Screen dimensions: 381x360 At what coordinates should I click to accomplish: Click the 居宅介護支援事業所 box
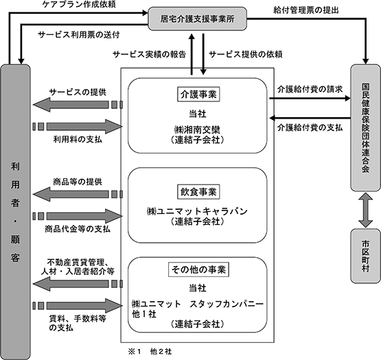(197, 19)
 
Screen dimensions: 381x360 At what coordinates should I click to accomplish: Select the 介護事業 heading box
(198, 94)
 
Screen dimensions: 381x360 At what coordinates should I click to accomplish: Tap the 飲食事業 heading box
(198, 192)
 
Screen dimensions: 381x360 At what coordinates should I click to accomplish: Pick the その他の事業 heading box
(199, 269)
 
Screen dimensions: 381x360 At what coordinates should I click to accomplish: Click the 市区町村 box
(365, 256)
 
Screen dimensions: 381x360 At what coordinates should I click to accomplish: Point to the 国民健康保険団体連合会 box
(365, 128)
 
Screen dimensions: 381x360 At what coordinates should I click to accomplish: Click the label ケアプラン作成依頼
(79, 4)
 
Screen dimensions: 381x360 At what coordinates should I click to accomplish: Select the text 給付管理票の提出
(306, 10)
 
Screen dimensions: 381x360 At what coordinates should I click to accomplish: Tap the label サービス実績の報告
(150, 54)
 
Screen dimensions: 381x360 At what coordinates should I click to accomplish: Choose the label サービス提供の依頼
(246, 54)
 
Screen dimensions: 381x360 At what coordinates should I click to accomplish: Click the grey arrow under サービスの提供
(78, 105)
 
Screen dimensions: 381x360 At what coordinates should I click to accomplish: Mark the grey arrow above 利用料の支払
(78, 126)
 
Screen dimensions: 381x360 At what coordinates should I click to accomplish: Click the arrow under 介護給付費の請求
(310, 98)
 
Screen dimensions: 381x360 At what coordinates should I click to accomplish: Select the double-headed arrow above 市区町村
(365, 210)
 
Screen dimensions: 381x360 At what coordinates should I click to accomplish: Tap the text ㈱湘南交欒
(197, 130)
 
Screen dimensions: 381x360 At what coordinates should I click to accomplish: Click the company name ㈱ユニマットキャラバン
(197, 211)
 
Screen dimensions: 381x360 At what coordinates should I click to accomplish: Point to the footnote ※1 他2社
(150, 352)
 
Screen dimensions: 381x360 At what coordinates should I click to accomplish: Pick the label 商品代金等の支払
(78, 229)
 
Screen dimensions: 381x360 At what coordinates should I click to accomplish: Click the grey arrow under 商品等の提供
(78, 195)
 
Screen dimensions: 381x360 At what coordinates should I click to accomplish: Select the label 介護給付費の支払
(310, 128)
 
